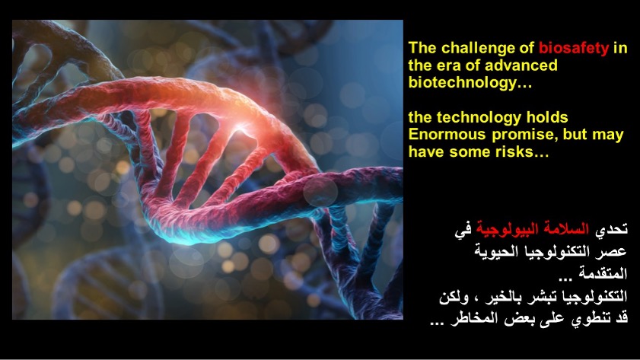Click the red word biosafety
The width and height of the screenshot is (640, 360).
[x=574, y=48]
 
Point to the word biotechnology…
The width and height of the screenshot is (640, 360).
[x=470, y=82]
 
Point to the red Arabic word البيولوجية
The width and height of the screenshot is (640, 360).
[x=512, y=230]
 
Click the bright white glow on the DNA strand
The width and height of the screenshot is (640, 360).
[x=240, y=127]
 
